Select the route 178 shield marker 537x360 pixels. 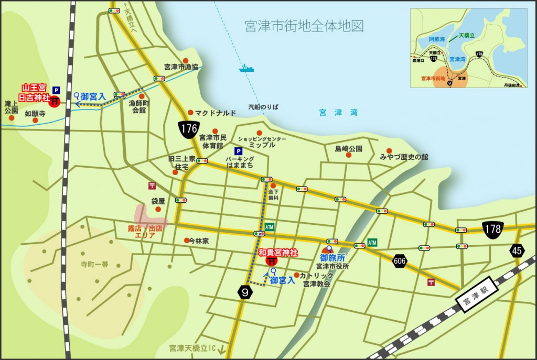click(492, 228)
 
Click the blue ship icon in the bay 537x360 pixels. click(246, 68)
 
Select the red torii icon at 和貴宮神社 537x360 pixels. click(272, 261)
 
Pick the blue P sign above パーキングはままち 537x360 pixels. click(239, 151)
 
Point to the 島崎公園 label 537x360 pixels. click(349, 149)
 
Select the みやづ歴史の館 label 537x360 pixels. click(404, 157)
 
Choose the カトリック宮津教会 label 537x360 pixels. click(317, 279)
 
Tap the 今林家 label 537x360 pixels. click(199, 241)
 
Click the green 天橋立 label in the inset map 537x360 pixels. click(467, 36)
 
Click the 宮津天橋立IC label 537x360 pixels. click(192, 348)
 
